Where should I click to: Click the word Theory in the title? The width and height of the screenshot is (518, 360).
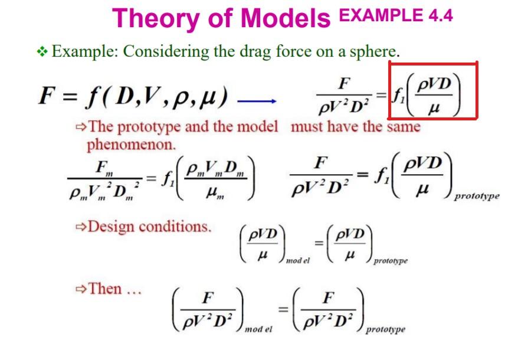(155, 18)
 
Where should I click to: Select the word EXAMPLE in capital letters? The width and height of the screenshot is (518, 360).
(381, 15)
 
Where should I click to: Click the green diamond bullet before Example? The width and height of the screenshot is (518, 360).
(42, 51)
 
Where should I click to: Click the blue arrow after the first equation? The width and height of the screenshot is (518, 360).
(257, 101)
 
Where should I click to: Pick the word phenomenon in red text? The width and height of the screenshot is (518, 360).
(131, 145)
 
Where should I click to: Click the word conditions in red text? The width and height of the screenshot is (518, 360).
(175, 227)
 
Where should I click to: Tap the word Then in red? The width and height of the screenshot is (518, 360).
(105, 289)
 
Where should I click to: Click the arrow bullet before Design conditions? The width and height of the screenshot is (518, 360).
(81, 227)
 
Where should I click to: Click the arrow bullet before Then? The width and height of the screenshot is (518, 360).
(81, 289)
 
